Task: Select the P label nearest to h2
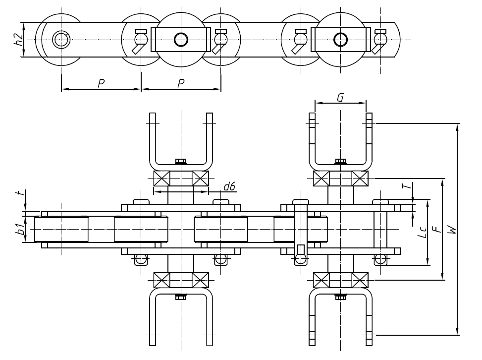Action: pyautogui.click(x=101, y=83)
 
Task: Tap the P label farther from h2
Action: pyautogui.click(x=181, y=83)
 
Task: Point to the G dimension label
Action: pyautogui.click(x=340, y=97)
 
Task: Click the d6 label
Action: pyautogui.click(x=229, y=186)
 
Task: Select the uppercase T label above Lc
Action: pyautogui.click(x=406, y=186)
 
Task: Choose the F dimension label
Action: pyautogui.click(x=435, y=229)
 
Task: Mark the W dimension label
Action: pyautogui.click(x=450, y=229)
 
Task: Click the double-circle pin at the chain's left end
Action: pyautogui.click(x=61, y=39)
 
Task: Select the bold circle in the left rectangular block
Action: pyautogui.click(x=181, y=39)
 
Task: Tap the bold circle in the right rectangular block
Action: pyautogui.click(x=340, y=39)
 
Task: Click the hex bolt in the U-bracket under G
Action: pyautogui.click(x=340, y=161)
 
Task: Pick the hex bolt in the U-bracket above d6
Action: pyautogui.click(x=181, y=161)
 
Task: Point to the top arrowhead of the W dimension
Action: pyautogui.click(x=457, y=127)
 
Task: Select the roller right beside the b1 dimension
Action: pyautogui.click(x=61, y=229)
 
